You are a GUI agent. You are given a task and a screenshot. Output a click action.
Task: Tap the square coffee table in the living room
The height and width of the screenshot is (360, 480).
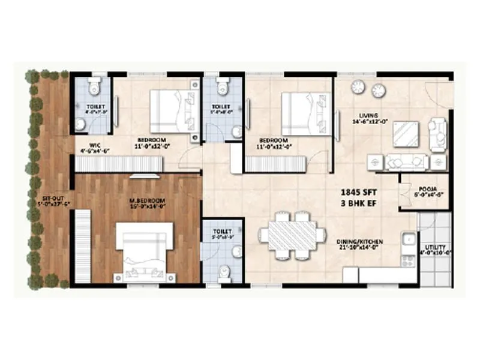tap(406, 134)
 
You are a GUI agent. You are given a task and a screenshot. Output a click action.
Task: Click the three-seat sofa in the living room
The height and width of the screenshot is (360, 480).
tap(407, 161)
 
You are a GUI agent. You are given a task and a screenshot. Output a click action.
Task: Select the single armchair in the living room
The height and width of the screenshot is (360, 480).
tap(437, 133)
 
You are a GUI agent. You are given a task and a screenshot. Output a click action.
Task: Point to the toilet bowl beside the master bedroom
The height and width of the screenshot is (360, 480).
tap(224, 272)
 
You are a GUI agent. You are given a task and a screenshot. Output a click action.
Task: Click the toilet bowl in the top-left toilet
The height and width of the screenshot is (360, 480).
tap(94, 88)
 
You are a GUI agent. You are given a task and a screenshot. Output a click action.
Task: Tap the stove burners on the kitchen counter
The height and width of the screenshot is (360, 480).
tap(409, 261)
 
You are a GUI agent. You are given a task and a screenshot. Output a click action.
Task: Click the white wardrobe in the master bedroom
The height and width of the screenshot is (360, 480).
tap(82, 246)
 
